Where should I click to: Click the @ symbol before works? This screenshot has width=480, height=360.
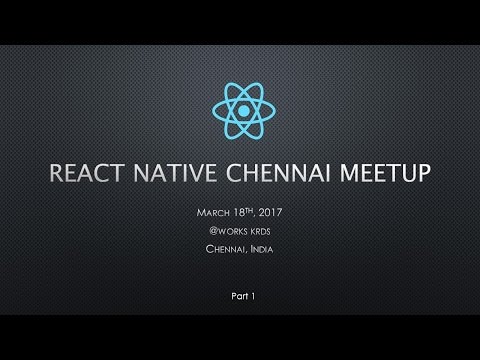click(205, 231)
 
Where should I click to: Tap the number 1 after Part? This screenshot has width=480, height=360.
click(252, 297)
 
